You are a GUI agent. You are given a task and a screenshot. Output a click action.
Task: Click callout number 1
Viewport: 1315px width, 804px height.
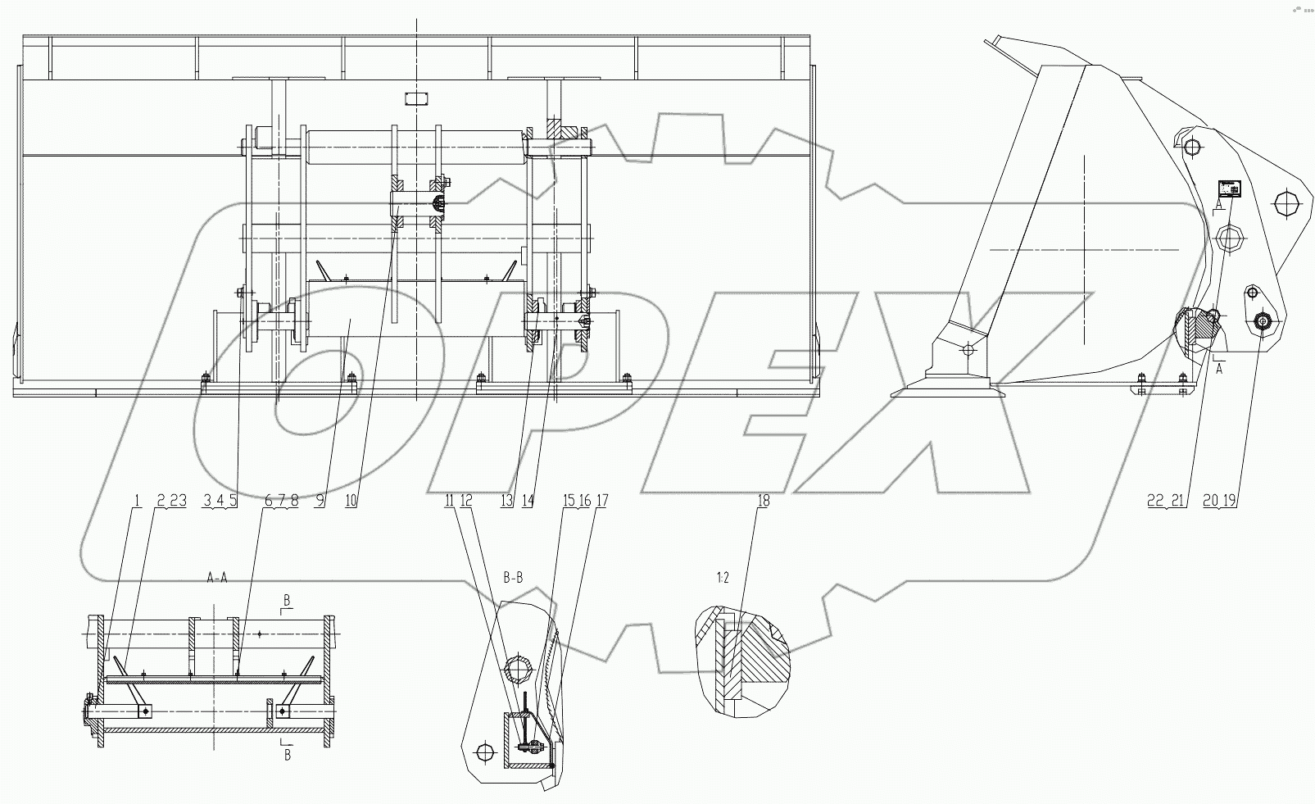[x=138, y=501]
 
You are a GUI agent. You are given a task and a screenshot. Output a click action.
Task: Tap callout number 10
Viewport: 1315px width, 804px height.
[x=351, y=501]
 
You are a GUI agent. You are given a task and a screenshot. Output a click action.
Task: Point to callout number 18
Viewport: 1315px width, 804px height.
[x=763, y=501]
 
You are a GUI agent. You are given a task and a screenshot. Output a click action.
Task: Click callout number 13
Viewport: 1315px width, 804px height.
[x=507, y=501]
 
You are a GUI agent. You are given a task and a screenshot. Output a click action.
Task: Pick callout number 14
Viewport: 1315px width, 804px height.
[x=527, y=501]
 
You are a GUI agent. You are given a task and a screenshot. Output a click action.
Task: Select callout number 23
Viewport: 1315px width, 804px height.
[x=179, y=501]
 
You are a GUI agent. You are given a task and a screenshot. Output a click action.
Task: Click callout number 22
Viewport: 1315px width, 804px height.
[x=1156, y=501]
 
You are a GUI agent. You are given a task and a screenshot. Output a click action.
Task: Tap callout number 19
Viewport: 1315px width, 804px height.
[x=1230, y=501]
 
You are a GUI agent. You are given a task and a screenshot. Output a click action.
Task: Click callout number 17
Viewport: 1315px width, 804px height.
[x=602, y=501]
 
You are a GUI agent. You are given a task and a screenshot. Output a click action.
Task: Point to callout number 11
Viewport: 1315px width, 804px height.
[x=449, y=501]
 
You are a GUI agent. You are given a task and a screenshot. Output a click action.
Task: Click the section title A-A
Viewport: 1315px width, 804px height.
[x=216, y=577]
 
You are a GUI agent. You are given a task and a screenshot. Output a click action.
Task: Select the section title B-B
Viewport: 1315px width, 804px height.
[x=513, y=577]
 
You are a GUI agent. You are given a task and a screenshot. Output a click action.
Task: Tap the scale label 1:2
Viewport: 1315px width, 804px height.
[x=722, y=577]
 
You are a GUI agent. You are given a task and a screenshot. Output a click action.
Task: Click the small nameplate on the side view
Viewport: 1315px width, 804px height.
[x=1228, y=189]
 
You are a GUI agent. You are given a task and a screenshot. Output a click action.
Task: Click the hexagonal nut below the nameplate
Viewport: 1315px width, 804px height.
[x=1230, y=240]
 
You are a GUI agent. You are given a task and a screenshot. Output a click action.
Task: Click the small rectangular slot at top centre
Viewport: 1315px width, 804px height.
[x=417, y=99]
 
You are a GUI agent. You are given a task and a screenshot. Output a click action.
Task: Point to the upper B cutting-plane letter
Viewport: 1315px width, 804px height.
[x=287, y=602]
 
